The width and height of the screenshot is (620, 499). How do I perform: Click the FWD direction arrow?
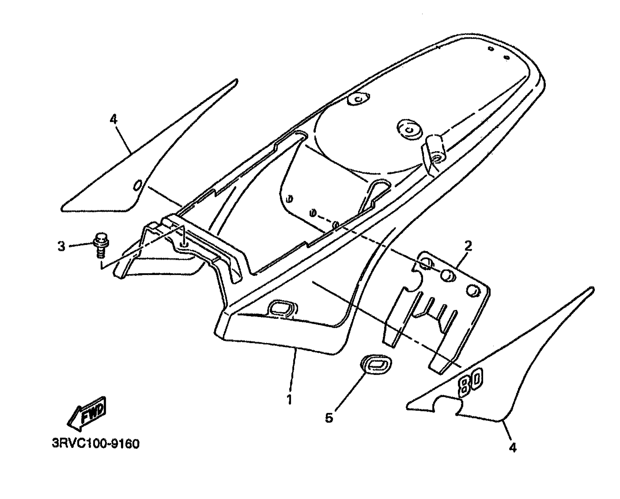tap(87, 414)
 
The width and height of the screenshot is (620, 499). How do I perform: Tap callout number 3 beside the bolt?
tap(61, 246)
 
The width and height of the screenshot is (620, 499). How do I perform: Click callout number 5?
tap(329, 418)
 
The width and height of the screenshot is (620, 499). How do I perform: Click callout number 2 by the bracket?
tap(468, 246)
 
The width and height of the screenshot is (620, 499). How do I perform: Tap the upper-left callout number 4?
tap(113, 119)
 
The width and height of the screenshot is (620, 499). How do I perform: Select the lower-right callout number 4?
tap(512, 448)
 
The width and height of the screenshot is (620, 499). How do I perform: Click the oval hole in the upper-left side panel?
tap(138, 185)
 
